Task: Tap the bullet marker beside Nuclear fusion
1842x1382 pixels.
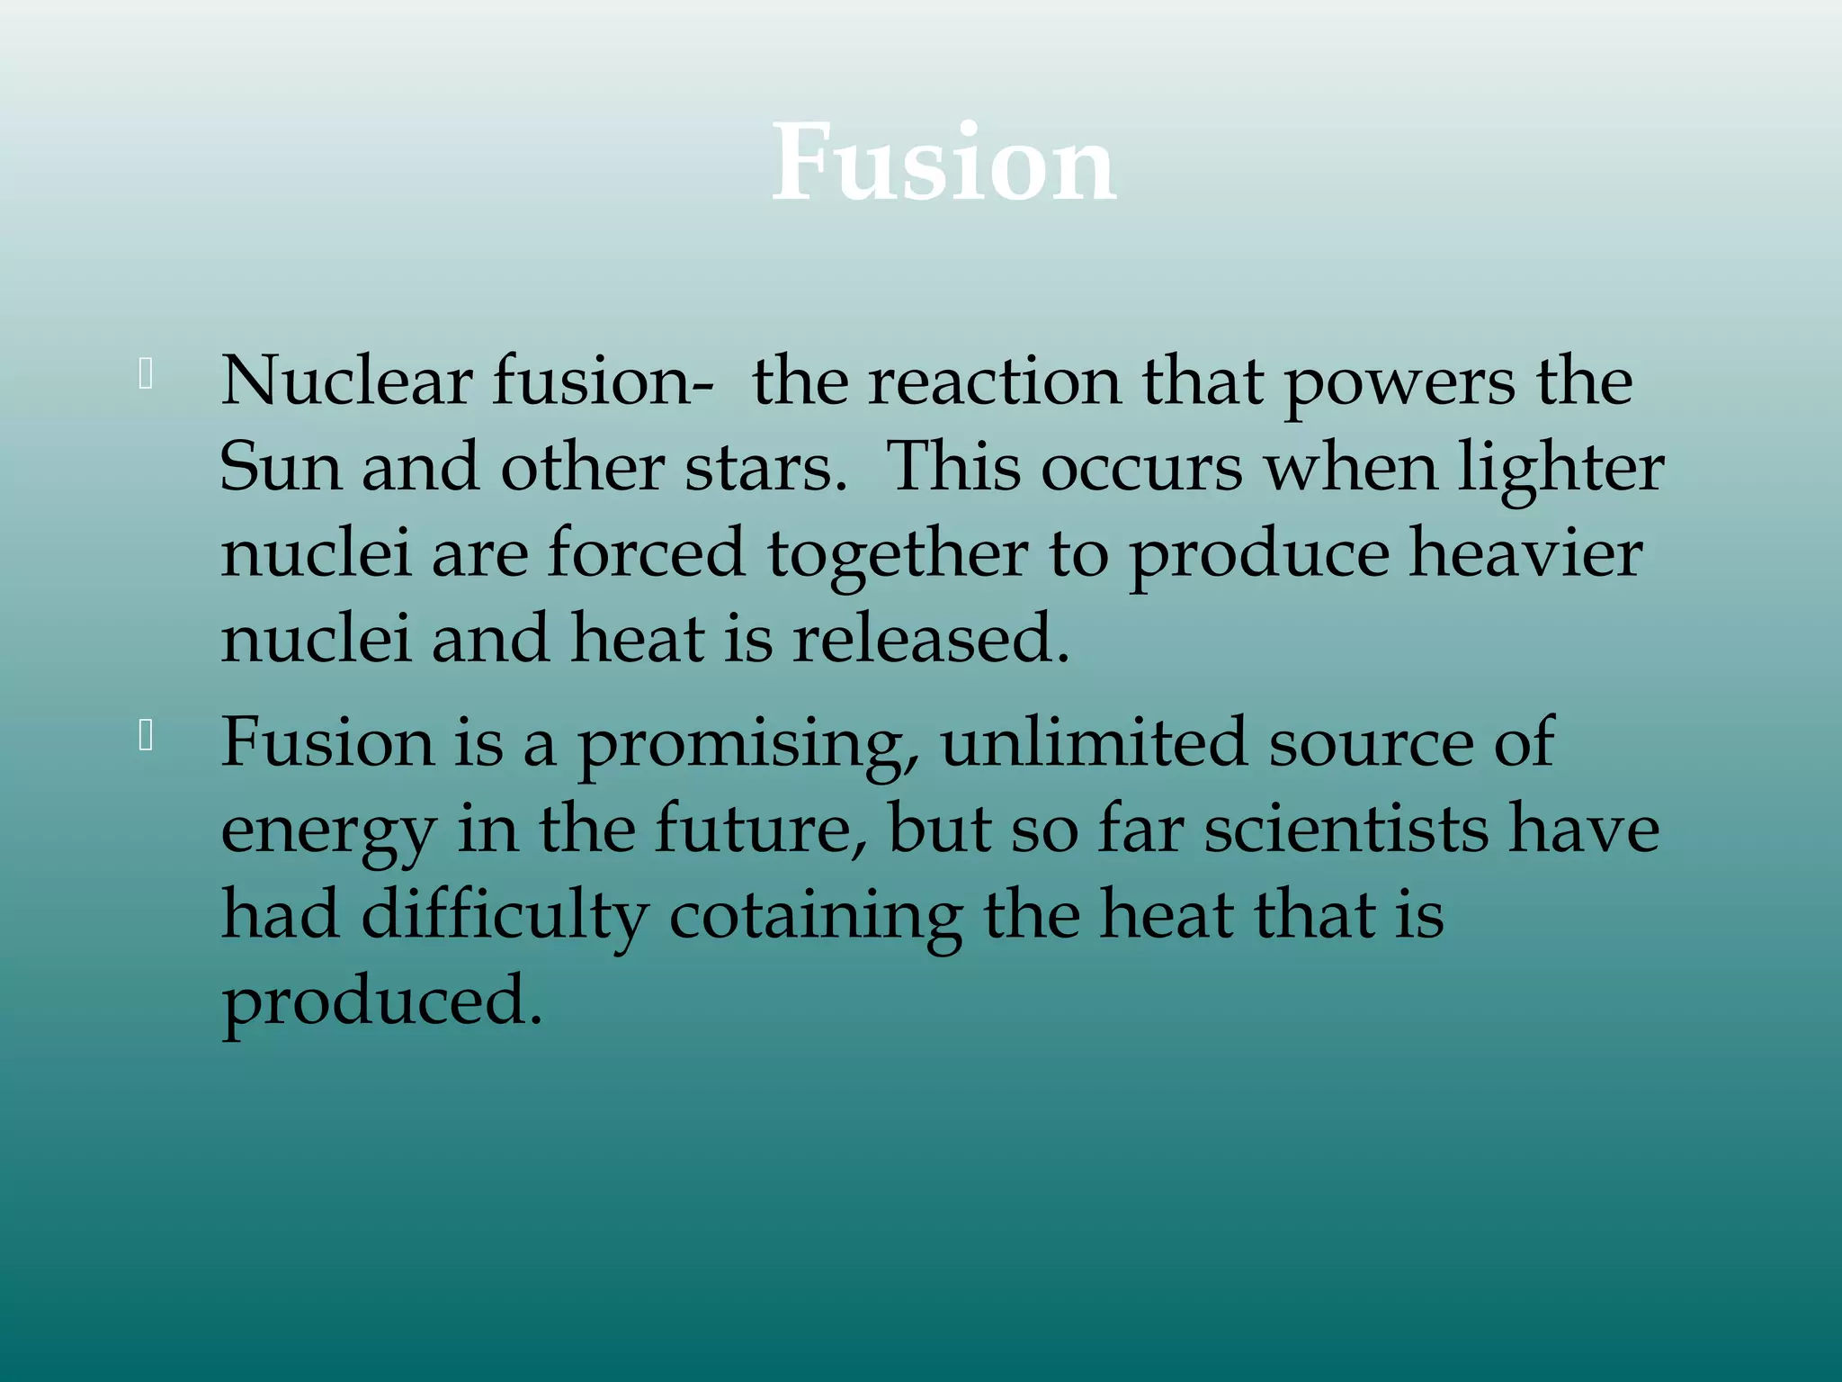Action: [x=146, y=374]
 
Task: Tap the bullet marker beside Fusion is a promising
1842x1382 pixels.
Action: [x=146, y=736]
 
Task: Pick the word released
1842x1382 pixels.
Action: [x=931, y=639]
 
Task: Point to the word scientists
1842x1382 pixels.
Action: [x=1346, y=830]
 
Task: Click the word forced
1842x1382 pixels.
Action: [x=646, y=552]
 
